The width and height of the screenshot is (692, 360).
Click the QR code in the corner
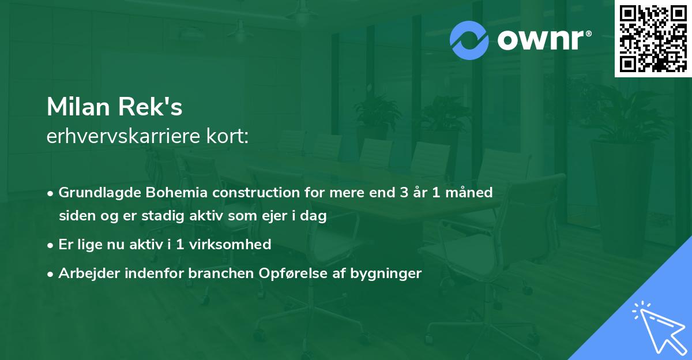pos(652,39)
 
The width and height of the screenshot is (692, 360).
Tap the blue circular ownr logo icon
pos(470,40)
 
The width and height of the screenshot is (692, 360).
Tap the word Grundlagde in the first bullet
pos(96,193)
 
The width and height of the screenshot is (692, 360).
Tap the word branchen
pos(213,273)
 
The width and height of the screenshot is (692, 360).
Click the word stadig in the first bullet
pos(152,216)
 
